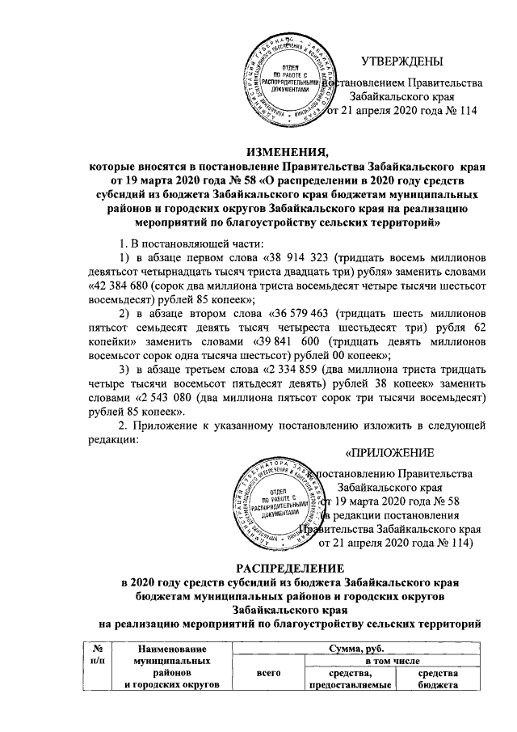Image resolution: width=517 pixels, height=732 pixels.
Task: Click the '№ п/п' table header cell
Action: click(98, 654)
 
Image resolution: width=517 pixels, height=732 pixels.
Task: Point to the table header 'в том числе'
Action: click(371, 660)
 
